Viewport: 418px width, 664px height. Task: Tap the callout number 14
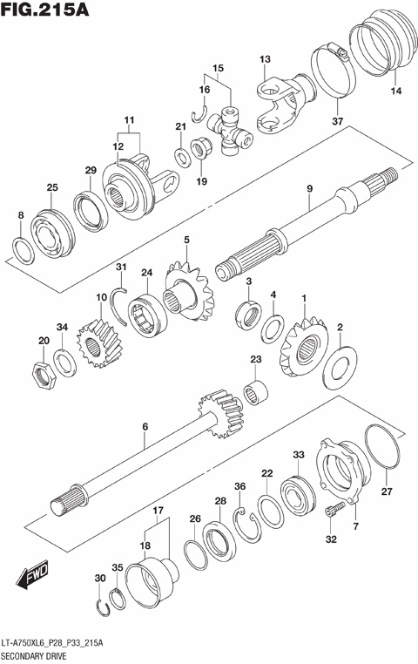396,91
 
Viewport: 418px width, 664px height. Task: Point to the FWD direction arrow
31,577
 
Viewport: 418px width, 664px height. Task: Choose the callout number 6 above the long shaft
145,426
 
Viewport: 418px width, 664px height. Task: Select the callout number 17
158,510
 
